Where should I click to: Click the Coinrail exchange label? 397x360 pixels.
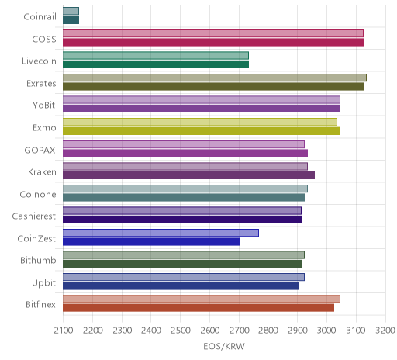point(40,17)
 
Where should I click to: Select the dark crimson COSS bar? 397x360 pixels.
point(213,42)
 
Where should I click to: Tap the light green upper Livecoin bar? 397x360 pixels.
point(156,55)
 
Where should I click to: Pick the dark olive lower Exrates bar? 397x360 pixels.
point(213,87)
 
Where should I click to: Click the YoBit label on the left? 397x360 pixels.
point(44,106)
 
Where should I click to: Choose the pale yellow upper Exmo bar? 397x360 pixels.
point(200,122)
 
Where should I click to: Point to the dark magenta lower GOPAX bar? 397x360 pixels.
point(185,153)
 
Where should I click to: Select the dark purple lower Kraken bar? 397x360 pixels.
point(188,175)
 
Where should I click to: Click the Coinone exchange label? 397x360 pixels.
point(38,194)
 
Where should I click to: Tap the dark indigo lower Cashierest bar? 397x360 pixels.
point(182,220)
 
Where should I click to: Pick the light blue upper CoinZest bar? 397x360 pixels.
point(161,233)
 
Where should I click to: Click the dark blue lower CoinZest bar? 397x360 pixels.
point(151,242)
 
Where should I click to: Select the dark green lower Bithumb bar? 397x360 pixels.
point(182,264)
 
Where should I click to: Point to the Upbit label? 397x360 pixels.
point(43,283)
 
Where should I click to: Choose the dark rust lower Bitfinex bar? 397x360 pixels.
point(198,308)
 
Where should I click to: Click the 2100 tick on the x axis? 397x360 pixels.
point(64,331)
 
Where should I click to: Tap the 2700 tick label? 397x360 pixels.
point(239,331)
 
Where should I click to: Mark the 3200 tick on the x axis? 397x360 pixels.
point(385,331)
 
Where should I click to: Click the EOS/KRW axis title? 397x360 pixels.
point(224,346)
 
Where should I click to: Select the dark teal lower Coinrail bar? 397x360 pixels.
point(71,20)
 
